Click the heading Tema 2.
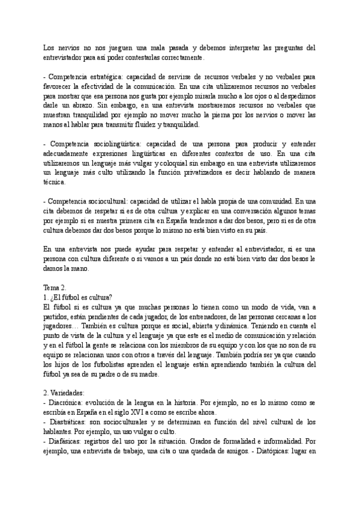(59, 288)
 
